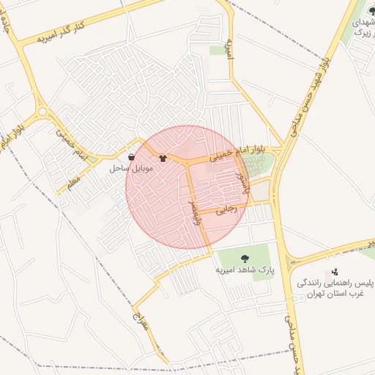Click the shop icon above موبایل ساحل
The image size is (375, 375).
click(131, 157)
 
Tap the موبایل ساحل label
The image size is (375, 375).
click(131, 168)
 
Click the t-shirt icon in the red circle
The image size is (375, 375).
click(163, 157)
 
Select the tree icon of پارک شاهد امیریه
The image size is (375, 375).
click(245, 257)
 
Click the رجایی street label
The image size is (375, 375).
click(230, 209)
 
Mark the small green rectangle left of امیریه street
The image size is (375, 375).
click(217, 51)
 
